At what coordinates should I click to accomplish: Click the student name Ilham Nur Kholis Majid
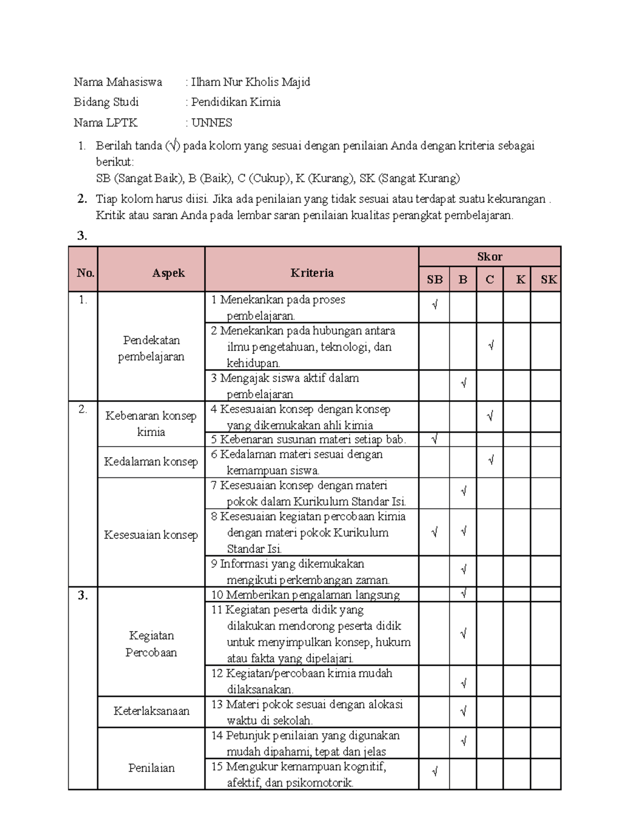click(x=251, y=82)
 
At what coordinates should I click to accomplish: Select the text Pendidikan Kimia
click(x=235, y=102)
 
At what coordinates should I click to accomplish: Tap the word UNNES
click(x=211, y=123)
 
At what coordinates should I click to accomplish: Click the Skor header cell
click(x=490, y=256)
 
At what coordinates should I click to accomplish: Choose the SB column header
click(x=435, y=279)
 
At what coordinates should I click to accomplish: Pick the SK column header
click(x=548, y=279)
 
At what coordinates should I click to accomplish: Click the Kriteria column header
click(x=312, y=273)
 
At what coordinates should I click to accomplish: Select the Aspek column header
click(x=168, y=273)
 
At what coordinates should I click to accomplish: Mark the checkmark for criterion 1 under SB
click(x=435, y=305)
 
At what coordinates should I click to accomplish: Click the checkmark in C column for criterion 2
click(x=491, y=346)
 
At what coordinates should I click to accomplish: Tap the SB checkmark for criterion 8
click(x=435, y=533)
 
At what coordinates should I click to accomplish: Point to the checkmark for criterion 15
click(x=435, y=772)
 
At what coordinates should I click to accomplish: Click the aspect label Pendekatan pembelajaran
click(x=151, y=348)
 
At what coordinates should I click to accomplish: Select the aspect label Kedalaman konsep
click(x=151, y=462)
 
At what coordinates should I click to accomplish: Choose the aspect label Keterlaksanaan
click(x=151, y=711)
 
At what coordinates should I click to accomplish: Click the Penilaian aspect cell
click(x=151, y=768)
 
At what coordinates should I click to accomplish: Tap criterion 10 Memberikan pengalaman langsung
click(x=306, y=595)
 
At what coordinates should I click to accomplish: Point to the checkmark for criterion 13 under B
click(x=463, y=711)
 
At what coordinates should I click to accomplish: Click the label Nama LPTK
click(x=105, y=123)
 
